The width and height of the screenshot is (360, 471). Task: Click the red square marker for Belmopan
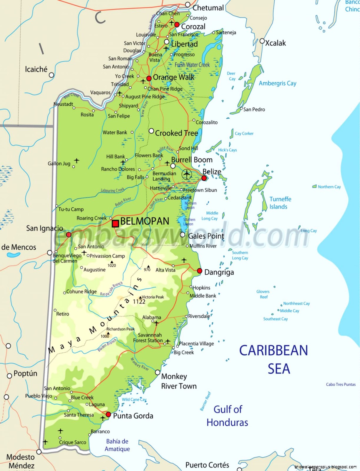(x=115, y=223)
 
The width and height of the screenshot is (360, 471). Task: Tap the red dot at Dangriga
(x=200, y=271)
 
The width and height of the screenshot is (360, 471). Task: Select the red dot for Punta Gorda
(x=108, y=414)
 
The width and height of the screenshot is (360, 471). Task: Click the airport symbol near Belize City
(x=187, y=174)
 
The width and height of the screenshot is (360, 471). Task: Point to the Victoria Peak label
(x=153, y=297)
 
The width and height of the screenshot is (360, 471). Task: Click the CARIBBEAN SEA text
(x=274, y=359)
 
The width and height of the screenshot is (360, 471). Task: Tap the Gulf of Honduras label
(x=228, y=416)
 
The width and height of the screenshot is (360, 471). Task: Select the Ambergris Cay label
(x=278, y=83)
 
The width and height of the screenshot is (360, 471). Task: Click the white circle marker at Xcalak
(x=262, y=41)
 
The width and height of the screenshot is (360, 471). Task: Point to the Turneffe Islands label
(x=280, y=203)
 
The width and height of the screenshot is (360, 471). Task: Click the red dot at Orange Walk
(x=149, y=78)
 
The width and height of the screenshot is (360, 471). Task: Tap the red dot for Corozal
(x=177, y=25)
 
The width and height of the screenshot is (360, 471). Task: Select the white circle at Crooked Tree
(x=151, y=131)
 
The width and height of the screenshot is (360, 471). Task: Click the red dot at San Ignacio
(x=69, y=235)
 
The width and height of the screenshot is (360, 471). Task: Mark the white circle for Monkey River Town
(x=158, y=372)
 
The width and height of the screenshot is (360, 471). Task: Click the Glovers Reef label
(x=263, y=294)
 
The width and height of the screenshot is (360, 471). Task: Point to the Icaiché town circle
(x=52, y=75)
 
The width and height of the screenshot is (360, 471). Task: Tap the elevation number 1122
(x=139, y=302)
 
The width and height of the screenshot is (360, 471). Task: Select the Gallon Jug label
(x=59, y=163)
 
